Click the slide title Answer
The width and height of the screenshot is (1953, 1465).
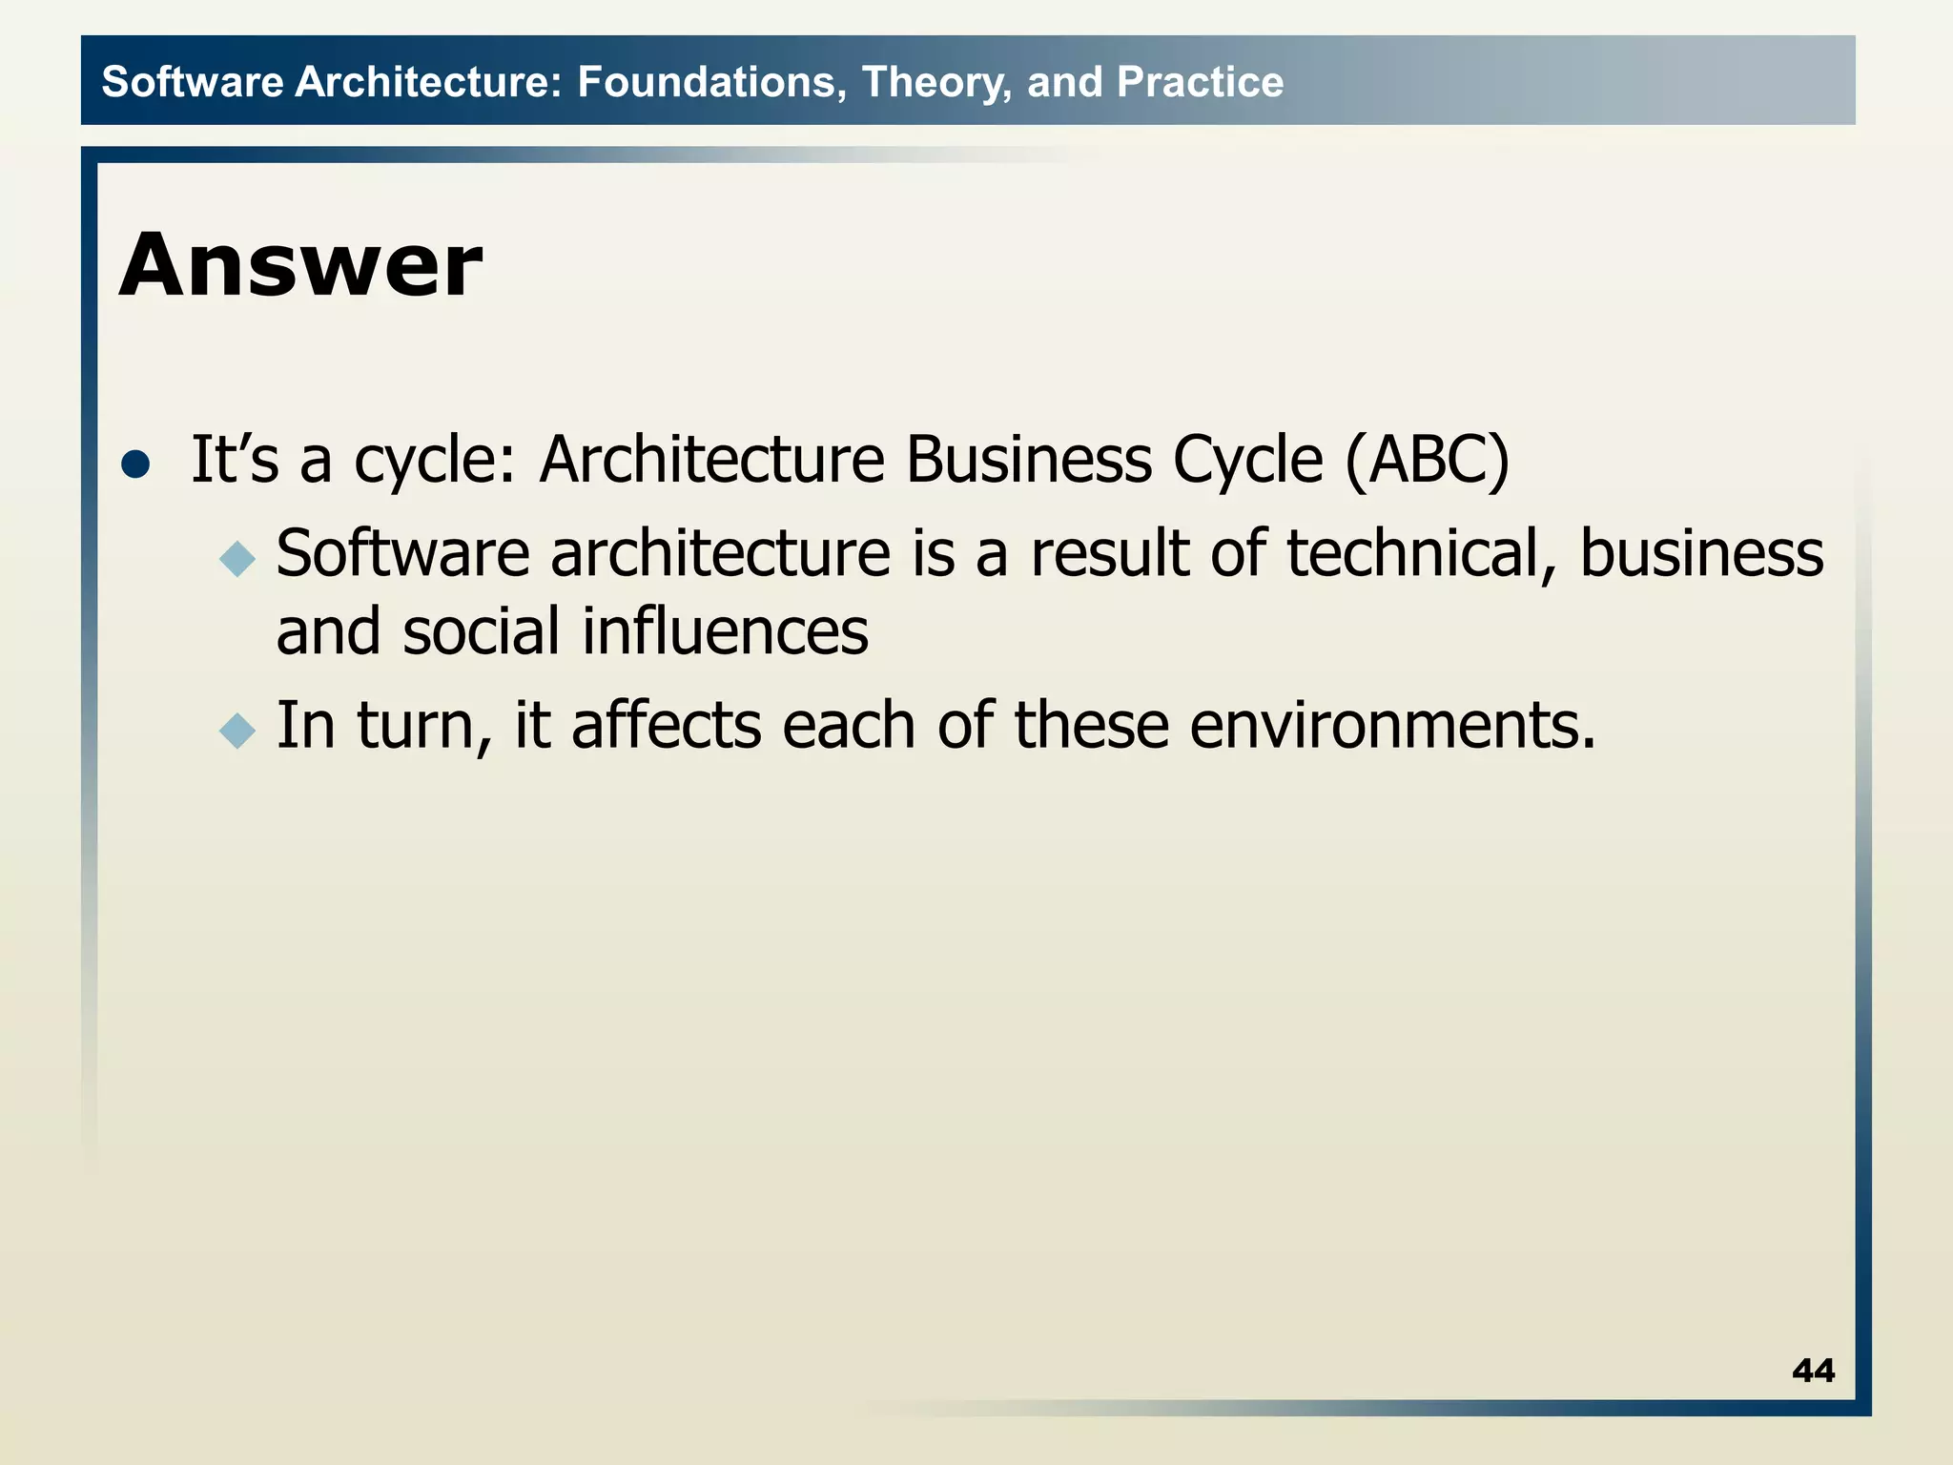(300, 265)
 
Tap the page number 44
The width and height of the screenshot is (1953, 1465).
(1813, 1371)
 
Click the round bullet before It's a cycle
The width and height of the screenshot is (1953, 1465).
(136, 464)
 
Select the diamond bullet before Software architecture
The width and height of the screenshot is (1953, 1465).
(237, 559)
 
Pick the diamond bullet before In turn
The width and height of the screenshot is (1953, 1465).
(237, 732)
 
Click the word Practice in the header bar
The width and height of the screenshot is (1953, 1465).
(1200, 82)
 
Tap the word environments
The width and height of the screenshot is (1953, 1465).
(1392, 726)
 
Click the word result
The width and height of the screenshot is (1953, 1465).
(1109, 553)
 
